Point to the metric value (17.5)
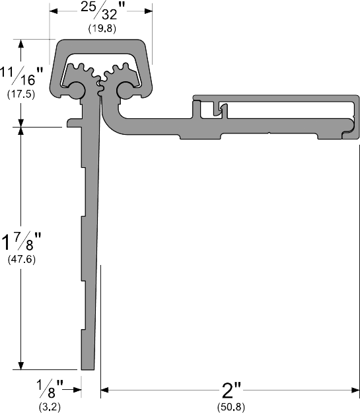21,94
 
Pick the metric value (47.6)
21,260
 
